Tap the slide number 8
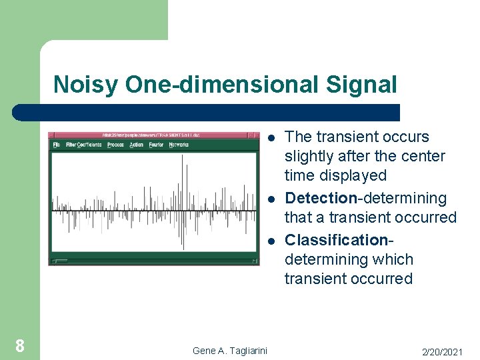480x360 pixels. point(20,345)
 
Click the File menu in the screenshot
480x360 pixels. point(57,145)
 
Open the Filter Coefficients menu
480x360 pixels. point(84,145)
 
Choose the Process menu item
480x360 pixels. point(115,145)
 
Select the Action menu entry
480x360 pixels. point(137,145)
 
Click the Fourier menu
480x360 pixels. point(156,145)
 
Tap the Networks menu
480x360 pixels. point(179,145)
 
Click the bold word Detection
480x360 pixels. point(321,198)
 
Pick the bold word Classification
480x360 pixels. point(336,239)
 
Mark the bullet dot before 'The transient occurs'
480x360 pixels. point(272,138)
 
